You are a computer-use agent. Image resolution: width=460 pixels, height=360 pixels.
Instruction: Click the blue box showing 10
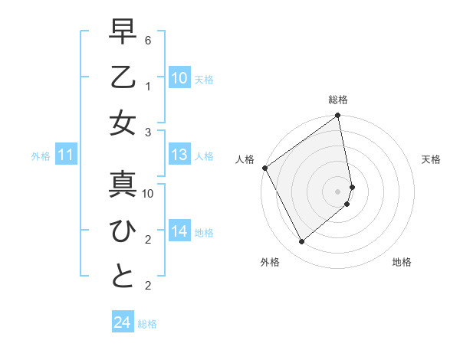click(179, 77)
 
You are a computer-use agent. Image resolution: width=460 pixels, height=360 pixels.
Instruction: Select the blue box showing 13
click(179, 155)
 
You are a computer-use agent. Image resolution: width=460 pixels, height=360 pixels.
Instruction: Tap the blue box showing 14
click(179, 231)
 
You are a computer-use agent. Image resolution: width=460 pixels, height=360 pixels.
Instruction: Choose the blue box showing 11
click(66, 155)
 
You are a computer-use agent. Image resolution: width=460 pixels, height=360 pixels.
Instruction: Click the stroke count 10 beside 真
click(149, 194)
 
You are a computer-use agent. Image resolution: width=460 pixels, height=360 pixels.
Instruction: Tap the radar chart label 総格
click(338, 100)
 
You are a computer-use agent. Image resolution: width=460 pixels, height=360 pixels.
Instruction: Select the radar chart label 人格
click(245, 159)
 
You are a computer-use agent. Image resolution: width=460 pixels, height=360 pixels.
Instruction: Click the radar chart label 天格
click(431, 159)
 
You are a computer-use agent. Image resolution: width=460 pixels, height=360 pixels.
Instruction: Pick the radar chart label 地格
click(402, 262)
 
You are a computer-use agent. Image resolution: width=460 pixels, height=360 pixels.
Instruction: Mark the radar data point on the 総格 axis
click(338, 116)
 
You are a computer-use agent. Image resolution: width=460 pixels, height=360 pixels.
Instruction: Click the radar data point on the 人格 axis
click(265, 168)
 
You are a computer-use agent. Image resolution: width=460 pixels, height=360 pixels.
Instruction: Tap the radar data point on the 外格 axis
click(301, 242)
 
